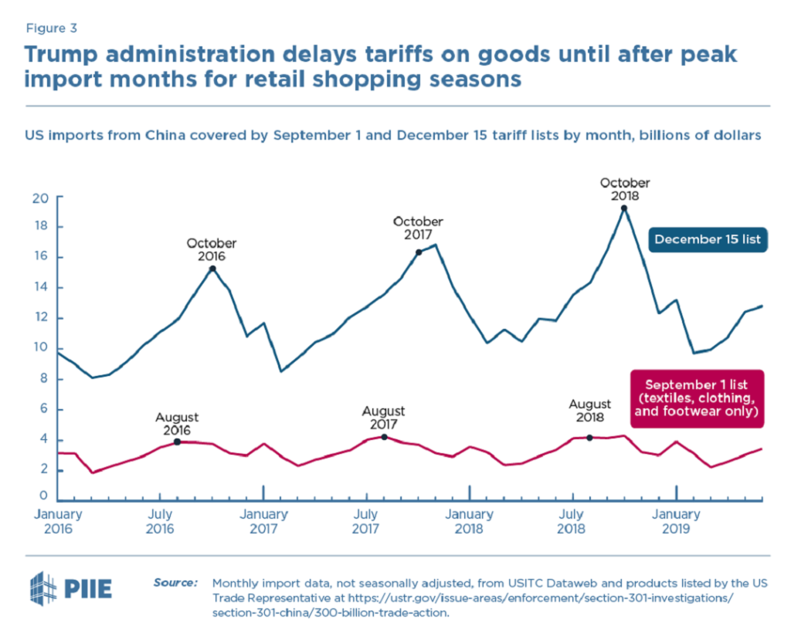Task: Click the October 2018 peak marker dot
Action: (x=623, y=208)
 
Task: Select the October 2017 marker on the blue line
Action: (x=419, y=252)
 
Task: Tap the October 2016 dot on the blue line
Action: (x=212, y=268)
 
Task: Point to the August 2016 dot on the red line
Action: (x=177, y=442)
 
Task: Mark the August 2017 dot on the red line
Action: (x=384, y=437)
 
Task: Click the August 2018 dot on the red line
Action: (x=589, y=438)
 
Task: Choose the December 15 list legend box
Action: (x=707, y=240)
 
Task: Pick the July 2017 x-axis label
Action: (x=366, y=521)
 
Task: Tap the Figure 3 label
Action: (x=51, y=29)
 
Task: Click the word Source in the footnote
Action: (x=175, y=582)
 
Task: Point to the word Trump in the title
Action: (x=66, y=55)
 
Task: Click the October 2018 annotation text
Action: (x=625, y=190)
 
